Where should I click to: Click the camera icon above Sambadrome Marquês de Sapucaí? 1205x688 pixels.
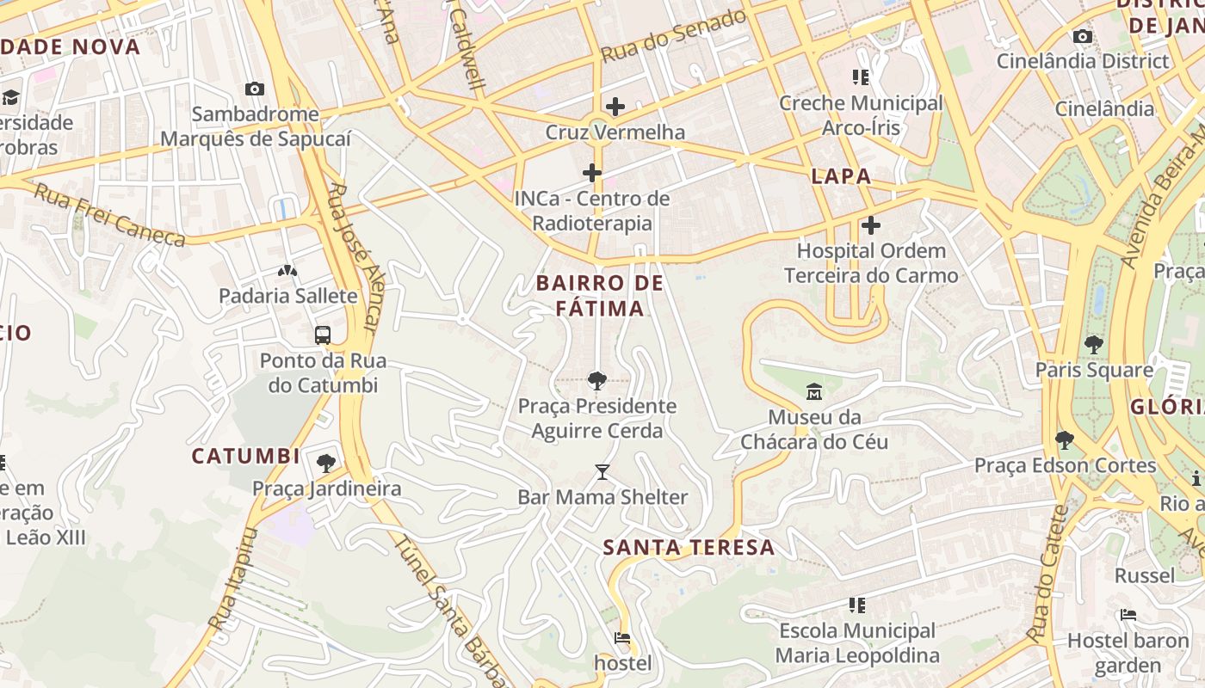point(254,89)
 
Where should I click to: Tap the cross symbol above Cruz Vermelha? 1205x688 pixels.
point(615,107)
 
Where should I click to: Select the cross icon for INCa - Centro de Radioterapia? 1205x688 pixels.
point(592,173)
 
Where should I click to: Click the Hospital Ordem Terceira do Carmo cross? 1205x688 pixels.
point(871,225)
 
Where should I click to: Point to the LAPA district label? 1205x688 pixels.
point(841,176)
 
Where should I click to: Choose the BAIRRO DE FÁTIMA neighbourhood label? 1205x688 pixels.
point(600,295)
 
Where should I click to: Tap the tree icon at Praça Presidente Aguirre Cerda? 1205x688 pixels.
point(596,380)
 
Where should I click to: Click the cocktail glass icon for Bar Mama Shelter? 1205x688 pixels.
point(602,472)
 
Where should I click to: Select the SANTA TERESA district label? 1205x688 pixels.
point(689,547)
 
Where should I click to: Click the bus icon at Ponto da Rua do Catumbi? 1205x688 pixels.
point(323,335)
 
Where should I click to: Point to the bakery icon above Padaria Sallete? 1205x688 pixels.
point(287,271)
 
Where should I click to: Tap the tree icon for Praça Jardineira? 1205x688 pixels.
point(326,464)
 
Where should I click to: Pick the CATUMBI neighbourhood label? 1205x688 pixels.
point(245,456)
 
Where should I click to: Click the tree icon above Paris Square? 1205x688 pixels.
point(1094,345)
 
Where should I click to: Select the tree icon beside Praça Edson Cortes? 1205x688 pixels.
point(1065,440)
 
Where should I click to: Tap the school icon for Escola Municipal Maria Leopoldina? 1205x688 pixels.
point(857,605)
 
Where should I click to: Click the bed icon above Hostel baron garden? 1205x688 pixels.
point(1128,615)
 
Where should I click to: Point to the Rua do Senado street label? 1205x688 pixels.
point(673,36)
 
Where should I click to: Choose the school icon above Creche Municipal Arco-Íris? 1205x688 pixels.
point(861,77)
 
